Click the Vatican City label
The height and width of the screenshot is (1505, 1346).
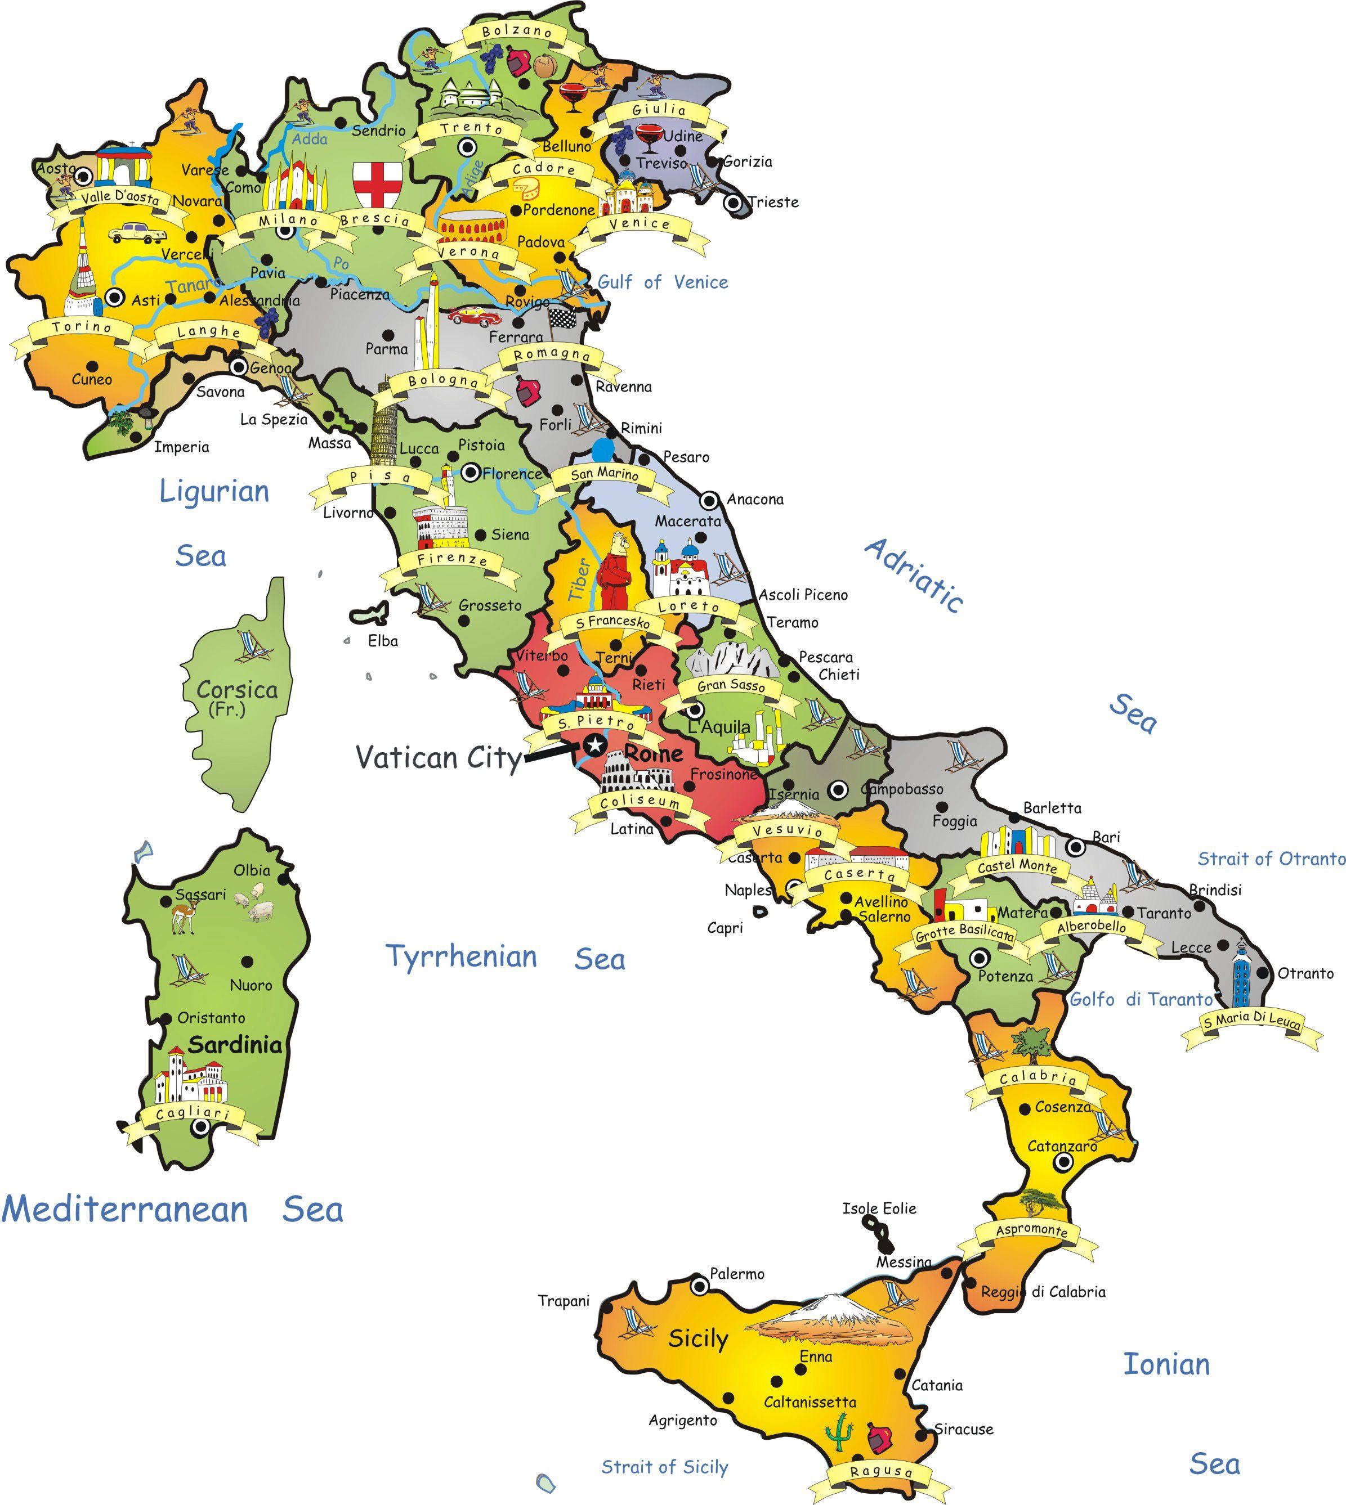(x=439, y=758)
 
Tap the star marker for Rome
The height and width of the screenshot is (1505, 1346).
(x=594, y=744)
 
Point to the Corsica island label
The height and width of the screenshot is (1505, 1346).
(x=236, y=690)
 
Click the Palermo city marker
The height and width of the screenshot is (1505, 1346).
(x=698, y=1287)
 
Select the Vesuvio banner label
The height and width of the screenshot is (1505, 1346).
(x=788, y=832)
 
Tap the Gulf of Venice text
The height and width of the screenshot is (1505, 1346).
(x=663, y=282)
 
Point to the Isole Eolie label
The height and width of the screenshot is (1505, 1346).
(x=879, y=1209)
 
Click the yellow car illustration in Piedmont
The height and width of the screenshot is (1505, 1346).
(x=137, y=233)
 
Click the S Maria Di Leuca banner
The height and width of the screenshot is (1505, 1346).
(x=1251, y=1022)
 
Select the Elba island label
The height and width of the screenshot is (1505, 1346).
(x=383, y=641)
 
